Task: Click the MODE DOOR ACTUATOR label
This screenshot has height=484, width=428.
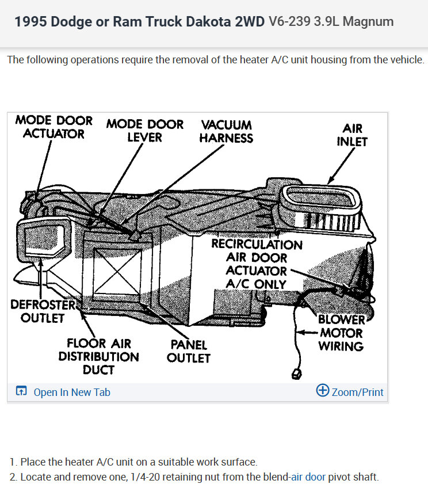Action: point(54,127)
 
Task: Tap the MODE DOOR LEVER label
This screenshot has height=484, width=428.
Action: point(144,131)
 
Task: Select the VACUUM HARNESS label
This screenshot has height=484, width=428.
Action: point(226,131)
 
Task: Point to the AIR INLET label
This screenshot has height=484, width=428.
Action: point(352,135)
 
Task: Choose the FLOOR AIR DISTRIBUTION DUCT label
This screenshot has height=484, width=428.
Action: point(98,356)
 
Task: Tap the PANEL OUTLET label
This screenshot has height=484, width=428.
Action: point(189,351)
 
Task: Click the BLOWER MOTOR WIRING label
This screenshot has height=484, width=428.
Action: point(341,333)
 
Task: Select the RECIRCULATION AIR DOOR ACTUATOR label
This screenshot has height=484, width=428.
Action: point(256,264)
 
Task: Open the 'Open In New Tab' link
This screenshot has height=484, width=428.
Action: point(71,392)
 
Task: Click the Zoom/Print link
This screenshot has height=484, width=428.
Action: point(357,392)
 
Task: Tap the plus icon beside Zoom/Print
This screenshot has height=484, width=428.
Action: point(323,391)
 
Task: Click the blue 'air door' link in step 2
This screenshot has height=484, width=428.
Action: point(308,477)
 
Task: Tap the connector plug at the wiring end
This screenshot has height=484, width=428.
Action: point(297,374)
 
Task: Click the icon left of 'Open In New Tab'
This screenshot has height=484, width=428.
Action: point(21,392)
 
